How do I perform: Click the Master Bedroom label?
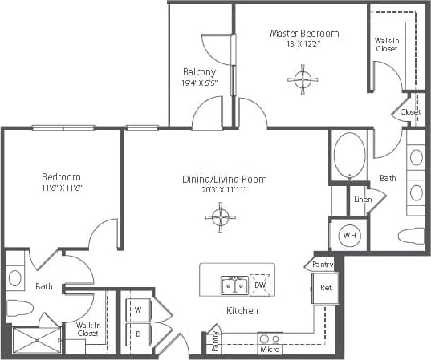click(303, 33)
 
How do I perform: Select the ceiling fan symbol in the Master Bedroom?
click(303, 79)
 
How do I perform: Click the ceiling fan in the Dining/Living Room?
click(220, 216)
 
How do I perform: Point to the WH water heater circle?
click(349, 236)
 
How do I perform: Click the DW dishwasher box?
click(260, 285)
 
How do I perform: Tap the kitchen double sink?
click(234, 285)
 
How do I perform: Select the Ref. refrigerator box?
click(327, 286)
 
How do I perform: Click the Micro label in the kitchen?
click(269, 349)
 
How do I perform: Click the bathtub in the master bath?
click(349, 154)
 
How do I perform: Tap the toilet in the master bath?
click(412, 237)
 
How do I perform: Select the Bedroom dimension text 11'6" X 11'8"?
click(61, 189)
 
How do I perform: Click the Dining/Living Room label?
click(224, 179)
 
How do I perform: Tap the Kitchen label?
click(241, 309)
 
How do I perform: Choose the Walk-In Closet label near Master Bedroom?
click(386, 44)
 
